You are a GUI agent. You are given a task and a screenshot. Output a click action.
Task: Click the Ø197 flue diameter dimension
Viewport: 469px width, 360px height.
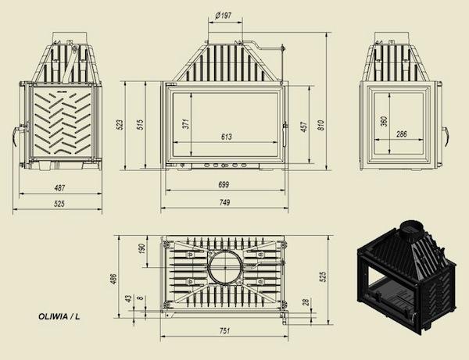224,15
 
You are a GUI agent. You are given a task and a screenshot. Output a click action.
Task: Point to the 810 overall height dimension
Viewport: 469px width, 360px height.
320,125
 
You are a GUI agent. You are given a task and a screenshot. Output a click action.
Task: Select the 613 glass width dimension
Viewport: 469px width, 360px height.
227,137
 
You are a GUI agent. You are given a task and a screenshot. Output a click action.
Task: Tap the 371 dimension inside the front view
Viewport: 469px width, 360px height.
186,123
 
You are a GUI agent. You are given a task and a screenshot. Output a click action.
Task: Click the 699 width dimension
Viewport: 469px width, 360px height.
224,184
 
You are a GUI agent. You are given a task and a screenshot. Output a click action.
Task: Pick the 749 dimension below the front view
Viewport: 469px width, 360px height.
224,202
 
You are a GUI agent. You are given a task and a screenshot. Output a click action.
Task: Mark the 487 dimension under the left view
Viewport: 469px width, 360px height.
59,188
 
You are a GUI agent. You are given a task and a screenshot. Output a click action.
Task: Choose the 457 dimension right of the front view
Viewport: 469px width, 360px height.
303,127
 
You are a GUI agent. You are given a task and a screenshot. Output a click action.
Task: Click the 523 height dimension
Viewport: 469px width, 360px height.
120,125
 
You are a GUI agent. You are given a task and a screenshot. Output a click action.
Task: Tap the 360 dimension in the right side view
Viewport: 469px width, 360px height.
385,121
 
